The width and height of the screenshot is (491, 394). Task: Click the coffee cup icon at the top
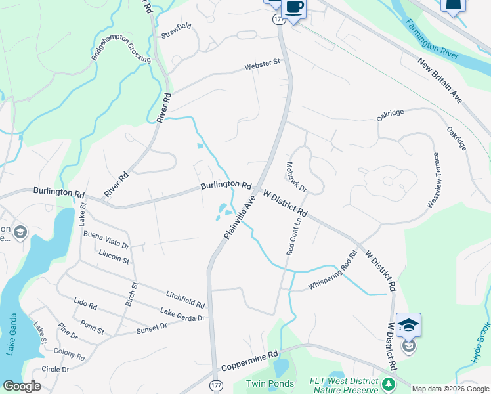(x=293, y=8)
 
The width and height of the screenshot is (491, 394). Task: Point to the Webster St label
(x=263, y=64)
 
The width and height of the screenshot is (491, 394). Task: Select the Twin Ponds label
(x=267, y=383)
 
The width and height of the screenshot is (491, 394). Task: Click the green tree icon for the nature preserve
(x=389, y=383)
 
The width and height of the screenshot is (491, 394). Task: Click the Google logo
(x=22, y=386)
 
